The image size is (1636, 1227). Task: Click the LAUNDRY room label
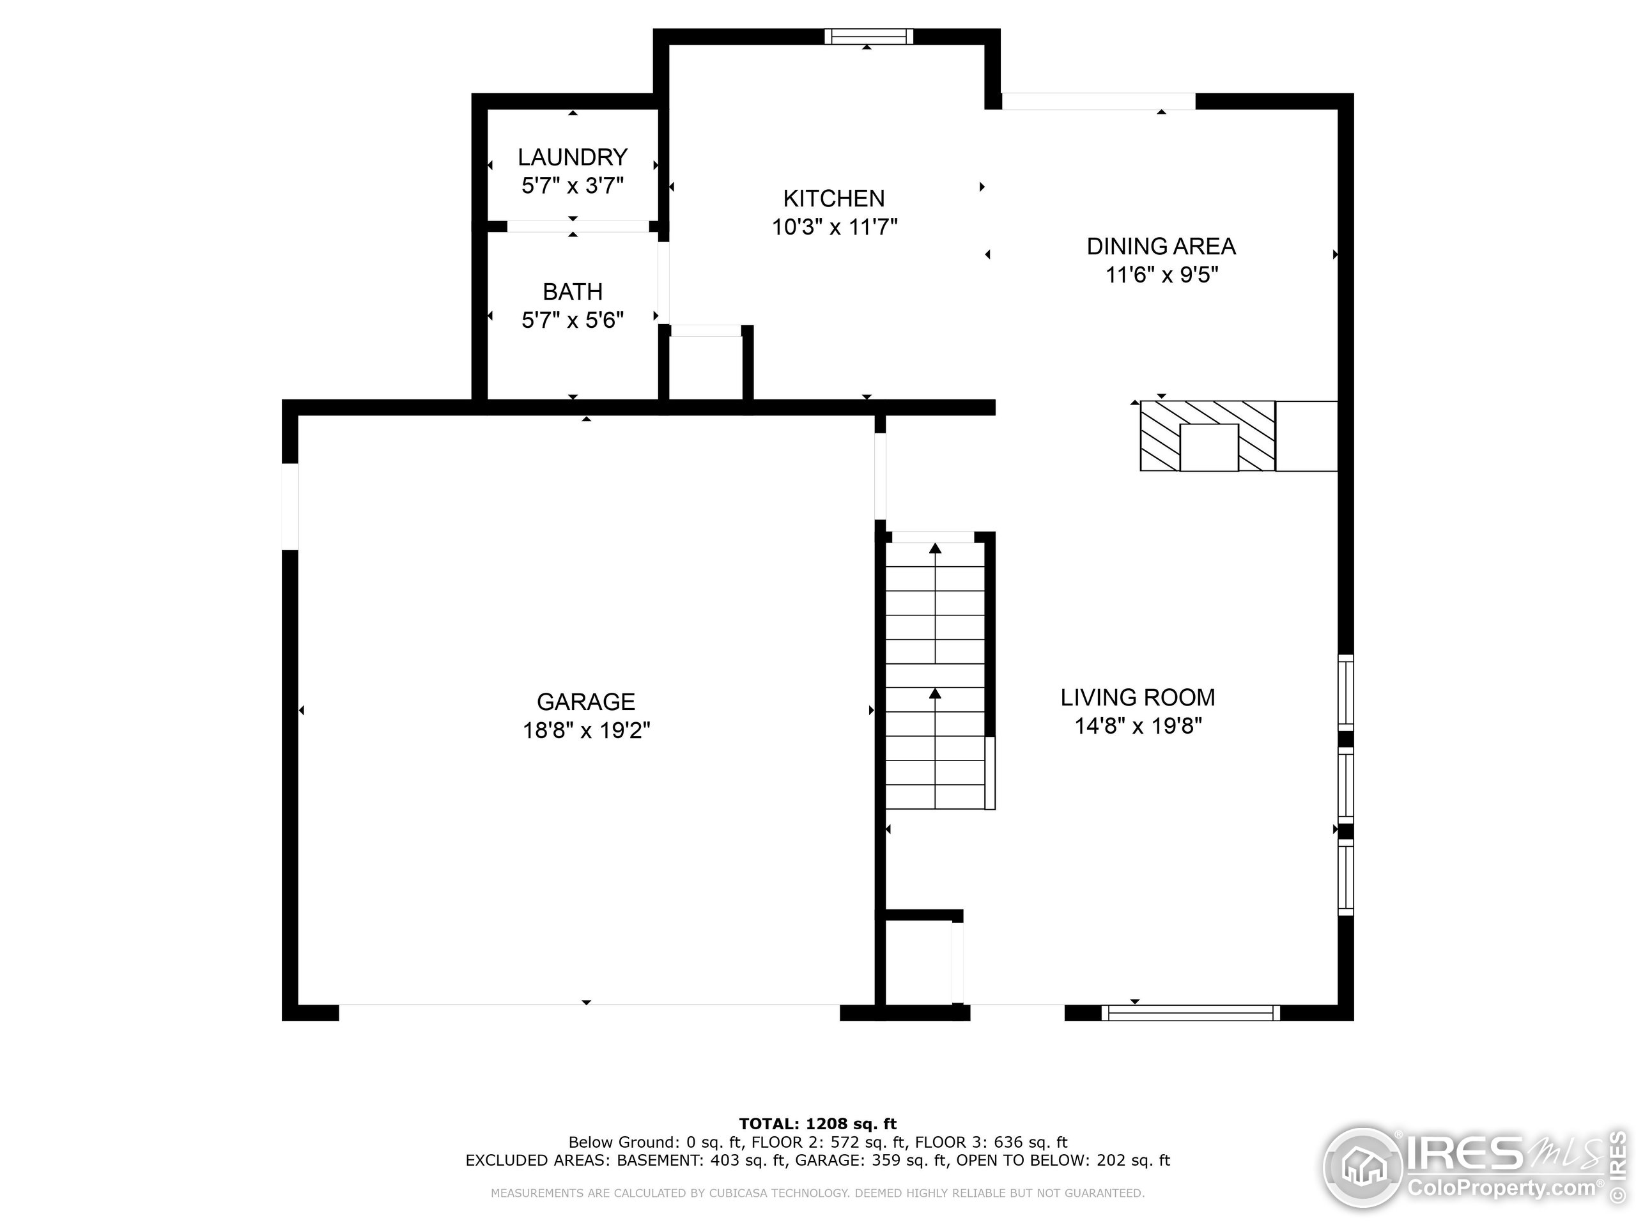click(x=573, y=157)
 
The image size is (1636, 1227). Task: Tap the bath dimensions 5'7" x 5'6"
click(x=573, y=320)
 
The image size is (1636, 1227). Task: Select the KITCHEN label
click(x=833, y=198)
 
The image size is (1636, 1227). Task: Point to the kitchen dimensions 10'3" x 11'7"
click(x=834, y=227)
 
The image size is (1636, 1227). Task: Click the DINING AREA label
click(x=1161, y=246)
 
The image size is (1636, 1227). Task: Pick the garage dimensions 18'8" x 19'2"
click(x=586, y=730)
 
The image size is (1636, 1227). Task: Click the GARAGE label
click(x=586, y=701)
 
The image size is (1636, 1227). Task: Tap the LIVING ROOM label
click(x=1138, y=697)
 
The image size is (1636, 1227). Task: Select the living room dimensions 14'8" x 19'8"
click(x=1138, y=726)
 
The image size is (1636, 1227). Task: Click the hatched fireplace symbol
click(x=1207, y=436)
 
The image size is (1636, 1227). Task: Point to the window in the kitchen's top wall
click(x=868, y=37)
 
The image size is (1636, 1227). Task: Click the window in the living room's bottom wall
click(x=1190, y=1014)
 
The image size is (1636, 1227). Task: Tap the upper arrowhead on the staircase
click(x=935, y=548)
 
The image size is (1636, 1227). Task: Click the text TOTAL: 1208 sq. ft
click(x=817, y=1124)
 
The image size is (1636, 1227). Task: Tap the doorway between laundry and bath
click(x=577, y=226)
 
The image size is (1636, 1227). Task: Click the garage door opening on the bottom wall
click(x=589, y=1012)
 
